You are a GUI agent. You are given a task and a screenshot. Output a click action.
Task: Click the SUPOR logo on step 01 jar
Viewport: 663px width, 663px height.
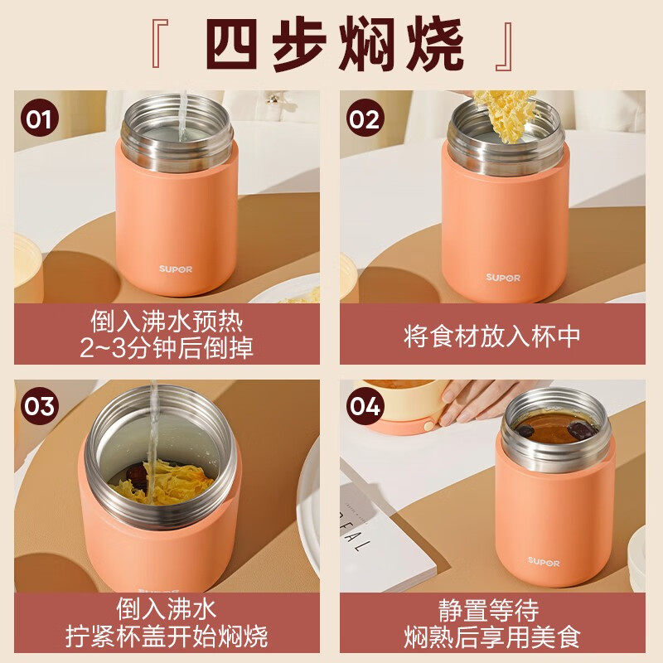(176, 269)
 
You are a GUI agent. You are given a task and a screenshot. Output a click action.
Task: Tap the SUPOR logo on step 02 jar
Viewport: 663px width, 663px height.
(502, 278)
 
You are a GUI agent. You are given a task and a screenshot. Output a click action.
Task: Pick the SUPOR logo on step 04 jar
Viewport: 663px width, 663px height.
(544, 561)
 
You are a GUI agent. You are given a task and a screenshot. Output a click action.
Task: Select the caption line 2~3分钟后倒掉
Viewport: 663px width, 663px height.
(167, 348)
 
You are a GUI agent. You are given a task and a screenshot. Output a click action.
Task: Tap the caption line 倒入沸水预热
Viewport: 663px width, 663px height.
(167, 320)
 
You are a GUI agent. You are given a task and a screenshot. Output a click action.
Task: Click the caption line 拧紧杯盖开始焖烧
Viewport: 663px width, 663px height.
(167, 636)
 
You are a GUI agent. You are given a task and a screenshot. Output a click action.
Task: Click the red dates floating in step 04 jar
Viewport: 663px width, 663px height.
(580, 430)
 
